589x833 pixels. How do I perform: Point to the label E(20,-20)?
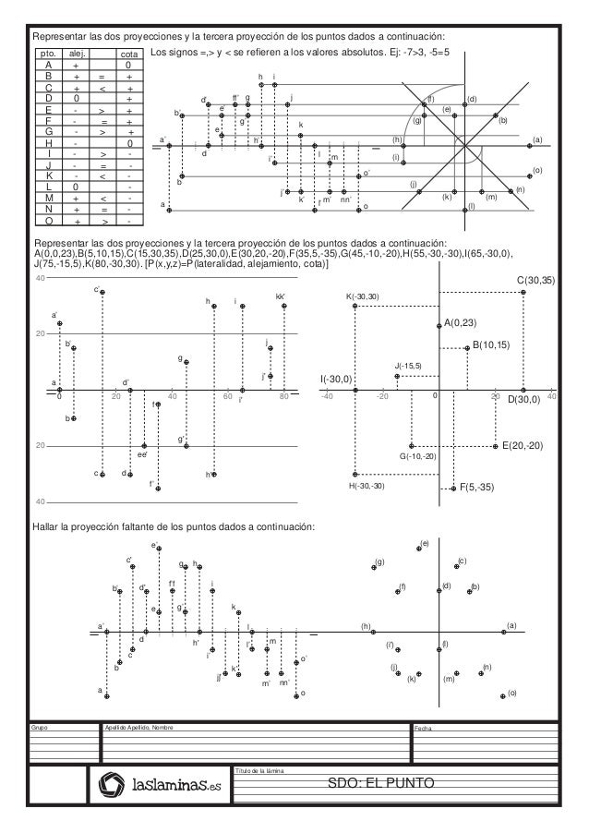(522, 445)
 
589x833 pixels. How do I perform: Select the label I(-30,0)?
(336, 379)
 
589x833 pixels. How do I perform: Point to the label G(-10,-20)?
(417, 456)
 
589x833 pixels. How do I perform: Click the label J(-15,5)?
(407, 366)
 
